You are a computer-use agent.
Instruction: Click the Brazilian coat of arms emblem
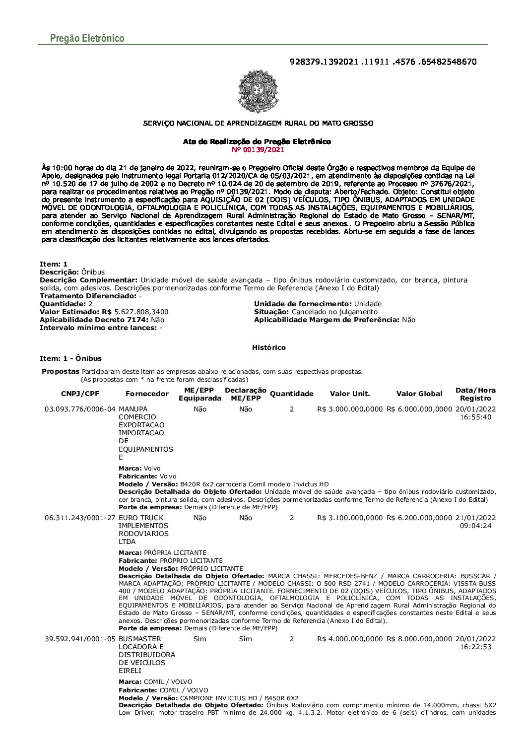tap(258, 92)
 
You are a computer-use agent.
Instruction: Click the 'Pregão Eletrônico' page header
tap(87, 38)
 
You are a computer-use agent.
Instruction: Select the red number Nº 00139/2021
tap(258, 149)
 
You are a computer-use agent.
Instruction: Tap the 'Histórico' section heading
tap(269, 347)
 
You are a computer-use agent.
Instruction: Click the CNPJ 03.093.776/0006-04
tap(80, 409)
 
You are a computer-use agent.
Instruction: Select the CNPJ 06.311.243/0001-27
tap(80, 518)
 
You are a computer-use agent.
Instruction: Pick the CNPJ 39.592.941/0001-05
tap(80, 639)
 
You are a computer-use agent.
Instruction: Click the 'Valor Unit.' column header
tap(350, 394)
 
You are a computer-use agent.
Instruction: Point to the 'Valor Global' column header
tap(419, 394)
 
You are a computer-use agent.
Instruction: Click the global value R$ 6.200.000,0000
tap(419, 518)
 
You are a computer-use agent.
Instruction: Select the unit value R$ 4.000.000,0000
tap(350, 639)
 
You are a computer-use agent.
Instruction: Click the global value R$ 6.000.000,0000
tap(419, 409)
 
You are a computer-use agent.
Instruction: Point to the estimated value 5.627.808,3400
tap(141, 312)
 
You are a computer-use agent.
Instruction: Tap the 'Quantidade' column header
tap(292, 394)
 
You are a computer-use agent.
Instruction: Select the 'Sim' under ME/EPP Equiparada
tap(199, 639)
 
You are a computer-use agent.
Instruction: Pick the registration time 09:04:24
tap(475, 526)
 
